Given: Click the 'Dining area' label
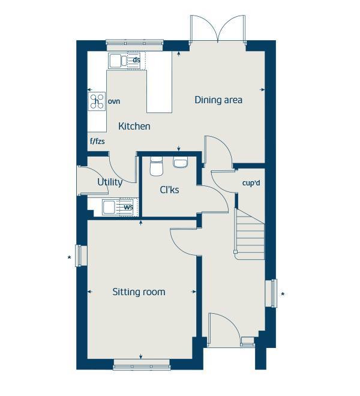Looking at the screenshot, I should tap(218, 100).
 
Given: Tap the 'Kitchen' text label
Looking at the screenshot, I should tap(134, 127).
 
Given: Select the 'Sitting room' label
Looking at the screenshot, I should tap(139, 292).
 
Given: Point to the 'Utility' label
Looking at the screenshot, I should tap(110, 182).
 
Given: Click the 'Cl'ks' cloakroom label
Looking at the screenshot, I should tap(169, 190).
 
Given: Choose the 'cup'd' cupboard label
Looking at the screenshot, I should tap(251, 182).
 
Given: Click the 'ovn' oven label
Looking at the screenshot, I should tap(114, 101).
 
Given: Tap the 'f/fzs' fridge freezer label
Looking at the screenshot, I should tap(97, 142).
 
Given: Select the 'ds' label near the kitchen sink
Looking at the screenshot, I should tap(136, 60).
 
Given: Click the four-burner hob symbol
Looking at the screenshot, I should tap(97, 101).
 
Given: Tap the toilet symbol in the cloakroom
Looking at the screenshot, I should tap(157, 165).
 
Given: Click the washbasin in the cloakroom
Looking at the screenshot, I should tap(180, 162).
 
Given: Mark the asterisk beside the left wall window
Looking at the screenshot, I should tap(70, 259).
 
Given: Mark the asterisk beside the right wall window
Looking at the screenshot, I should tap(283, 295).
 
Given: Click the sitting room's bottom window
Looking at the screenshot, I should tap(140, 364).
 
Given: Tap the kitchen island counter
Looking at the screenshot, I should tap(159, 90).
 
